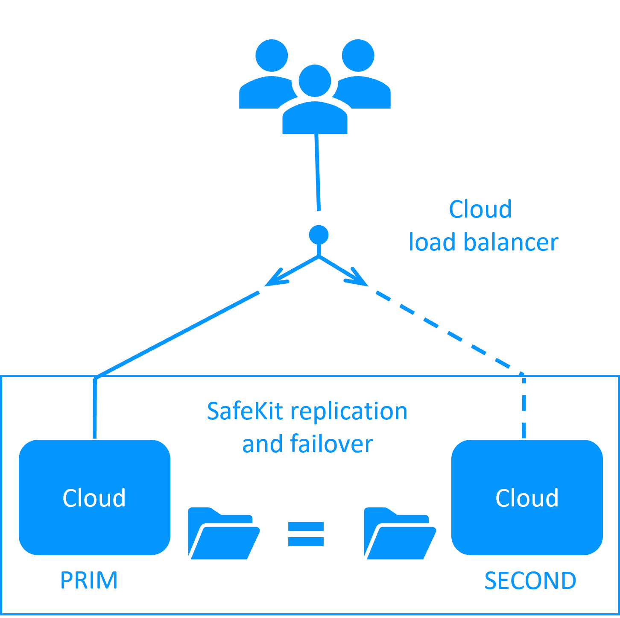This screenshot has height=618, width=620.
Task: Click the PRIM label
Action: [89, 580]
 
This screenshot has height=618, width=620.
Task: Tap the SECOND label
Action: [530, 581]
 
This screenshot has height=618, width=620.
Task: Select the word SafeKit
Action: [245, 411]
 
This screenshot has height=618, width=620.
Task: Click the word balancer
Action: [511, 242]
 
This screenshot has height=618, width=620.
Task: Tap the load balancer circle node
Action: [319, 235]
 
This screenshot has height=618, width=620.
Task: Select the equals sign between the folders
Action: [306, 534]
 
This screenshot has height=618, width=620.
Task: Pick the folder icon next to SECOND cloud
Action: [399, 534]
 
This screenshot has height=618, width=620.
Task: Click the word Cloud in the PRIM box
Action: [94, 498]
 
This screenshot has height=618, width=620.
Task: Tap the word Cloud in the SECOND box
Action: [526, 498]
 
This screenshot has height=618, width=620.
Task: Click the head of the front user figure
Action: [315, 81]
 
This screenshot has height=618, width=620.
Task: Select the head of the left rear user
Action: [272, 56]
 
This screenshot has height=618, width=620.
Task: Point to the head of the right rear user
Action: [358, 56]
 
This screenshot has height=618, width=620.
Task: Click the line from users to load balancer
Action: [317, 171]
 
